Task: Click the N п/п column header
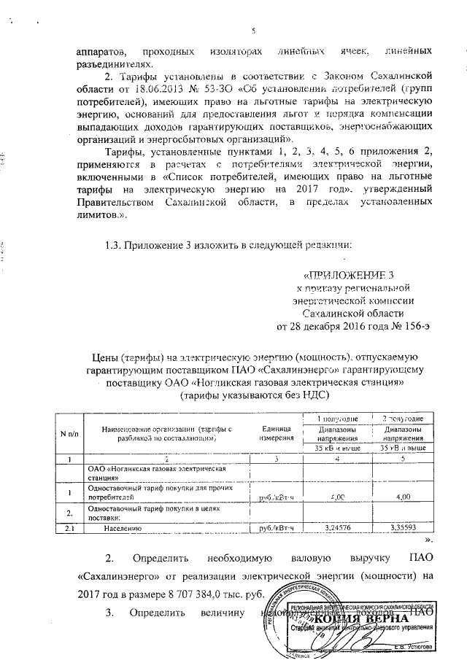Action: click(70, 435)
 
